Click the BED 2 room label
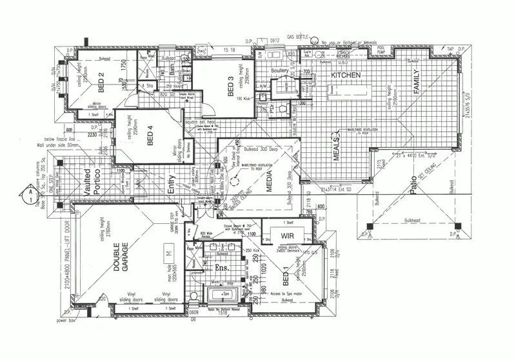point(101,83)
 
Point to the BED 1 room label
point(286,279)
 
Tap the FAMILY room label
point(416,83)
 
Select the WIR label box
point(286,235)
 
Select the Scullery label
point(279,70)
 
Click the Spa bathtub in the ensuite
point(225,294)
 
